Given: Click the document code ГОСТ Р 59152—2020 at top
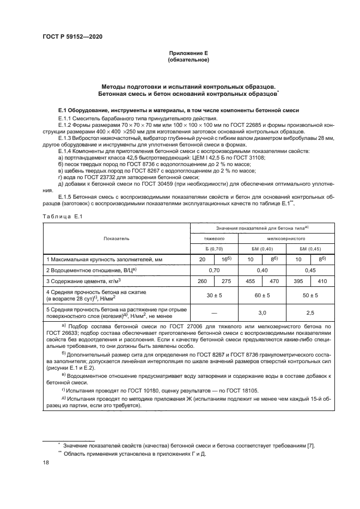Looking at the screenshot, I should (x=72, y=36).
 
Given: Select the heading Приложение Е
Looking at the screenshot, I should (x=188, y=53).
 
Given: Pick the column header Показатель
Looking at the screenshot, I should (x=116, y=238).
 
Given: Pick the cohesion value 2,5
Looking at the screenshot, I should (x=311, y=314).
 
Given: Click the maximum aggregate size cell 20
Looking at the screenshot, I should (x=202, y=259).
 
